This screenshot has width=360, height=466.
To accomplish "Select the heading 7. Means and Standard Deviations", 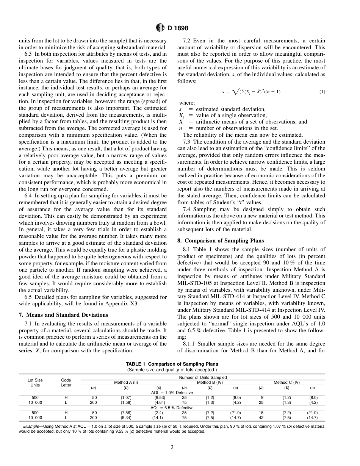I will tap(63, 315).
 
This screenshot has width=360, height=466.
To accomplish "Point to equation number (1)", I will tap(322, 92).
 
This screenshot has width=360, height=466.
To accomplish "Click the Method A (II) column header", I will tap(126, 382).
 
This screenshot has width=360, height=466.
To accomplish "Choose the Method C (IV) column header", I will tap(286, 382).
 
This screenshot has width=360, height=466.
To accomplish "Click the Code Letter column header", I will tap(66, 382).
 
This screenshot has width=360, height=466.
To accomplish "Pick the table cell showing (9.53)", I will tap(159, 397).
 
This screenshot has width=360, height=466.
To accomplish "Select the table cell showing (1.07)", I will tap(125, 397).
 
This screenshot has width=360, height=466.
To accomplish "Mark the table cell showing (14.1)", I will tap(159, 418).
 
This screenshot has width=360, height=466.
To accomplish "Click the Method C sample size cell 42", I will tap(261, 418).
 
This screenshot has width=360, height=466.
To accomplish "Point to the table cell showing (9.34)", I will tap(125, 418).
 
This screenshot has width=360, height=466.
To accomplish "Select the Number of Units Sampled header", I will tap(203, 377).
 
